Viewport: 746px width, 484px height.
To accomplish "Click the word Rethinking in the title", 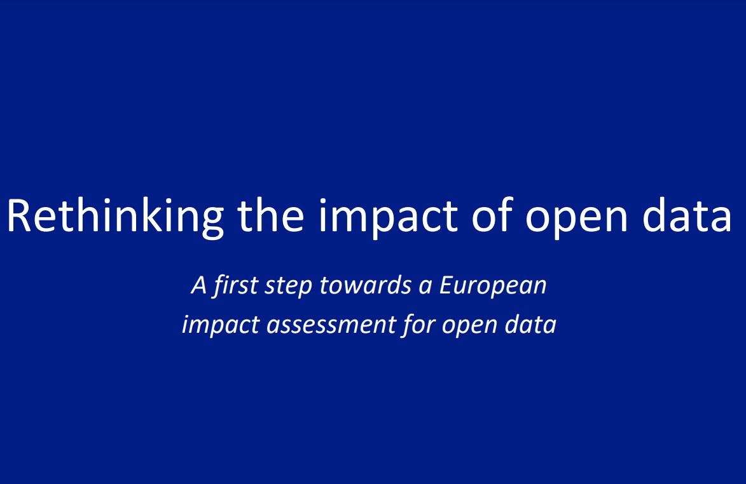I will [115, 215].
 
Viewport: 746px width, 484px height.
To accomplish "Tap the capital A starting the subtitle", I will [200, 285].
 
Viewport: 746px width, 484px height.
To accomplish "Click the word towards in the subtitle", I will [364, 285].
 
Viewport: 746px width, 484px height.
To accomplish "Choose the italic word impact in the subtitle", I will [221, 325].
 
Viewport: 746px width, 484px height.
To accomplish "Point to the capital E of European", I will [446, 285].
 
